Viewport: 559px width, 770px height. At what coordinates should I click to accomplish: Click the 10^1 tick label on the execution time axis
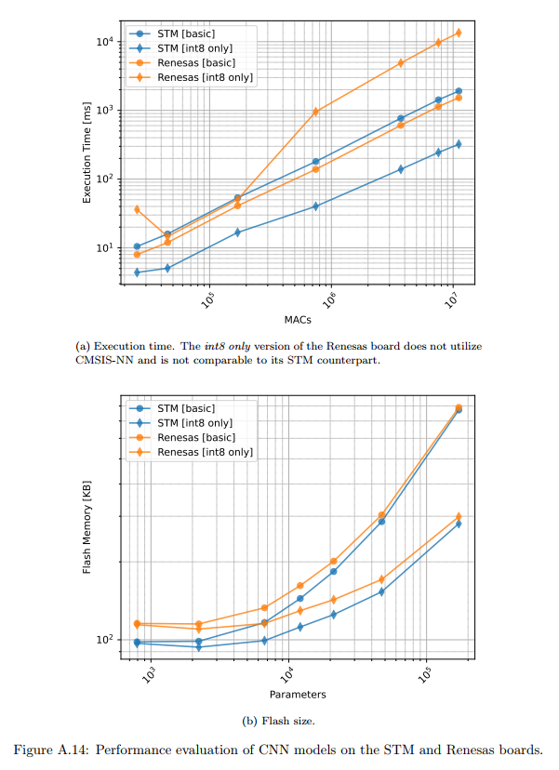point(105,248)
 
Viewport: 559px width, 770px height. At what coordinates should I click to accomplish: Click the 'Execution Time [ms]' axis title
point(87,154)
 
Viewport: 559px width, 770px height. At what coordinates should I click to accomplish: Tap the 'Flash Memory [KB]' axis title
point(87,526)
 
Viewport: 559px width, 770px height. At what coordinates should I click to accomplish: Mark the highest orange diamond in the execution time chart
point(458,33)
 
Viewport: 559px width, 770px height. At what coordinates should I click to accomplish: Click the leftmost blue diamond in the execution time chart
point(137,272)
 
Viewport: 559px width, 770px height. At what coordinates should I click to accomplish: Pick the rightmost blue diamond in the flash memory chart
point(458,524)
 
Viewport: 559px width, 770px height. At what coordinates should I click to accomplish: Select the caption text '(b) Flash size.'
point(279,719)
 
